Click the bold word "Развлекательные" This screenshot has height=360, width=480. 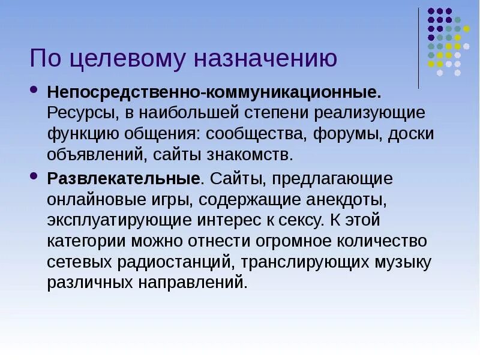coord(124,178)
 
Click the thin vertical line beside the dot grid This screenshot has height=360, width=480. coord(418,48)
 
